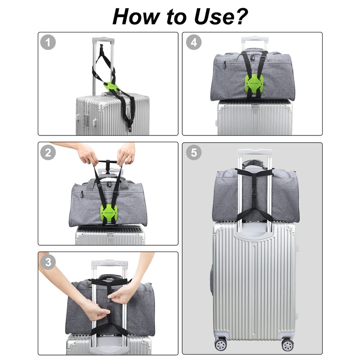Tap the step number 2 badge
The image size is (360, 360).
point(48,153)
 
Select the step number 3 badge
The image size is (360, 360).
point(48,262)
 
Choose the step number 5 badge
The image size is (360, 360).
point(194,153)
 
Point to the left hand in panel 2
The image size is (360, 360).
point(87,154)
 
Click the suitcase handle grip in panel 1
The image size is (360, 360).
point(103,40)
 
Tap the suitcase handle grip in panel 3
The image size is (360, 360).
point(108,263)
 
